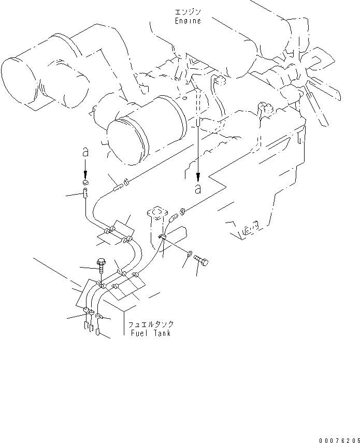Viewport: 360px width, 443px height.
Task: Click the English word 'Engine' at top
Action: pyautogui.click(x=187, y=21)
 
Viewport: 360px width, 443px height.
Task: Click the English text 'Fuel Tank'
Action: pyautogui.click(x=150, y=333)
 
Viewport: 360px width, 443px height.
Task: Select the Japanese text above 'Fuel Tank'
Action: pyautogui.click(x=151, y=324)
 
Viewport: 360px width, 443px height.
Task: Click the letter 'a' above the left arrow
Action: pyautogui.click(x=86, y=154)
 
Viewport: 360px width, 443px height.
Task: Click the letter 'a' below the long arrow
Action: pyautogui.click(x=197, y=189)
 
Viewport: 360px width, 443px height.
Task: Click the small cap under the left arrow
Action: pyautogui.click(x=87, y=184)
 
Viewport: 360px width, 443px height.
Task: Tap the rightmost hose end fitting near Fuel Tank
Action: pyautogui.click(x=98, y=331)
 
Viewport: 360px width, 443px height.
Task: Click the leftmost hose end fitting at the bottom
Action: pyautogui.click(x=86, y=326)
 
